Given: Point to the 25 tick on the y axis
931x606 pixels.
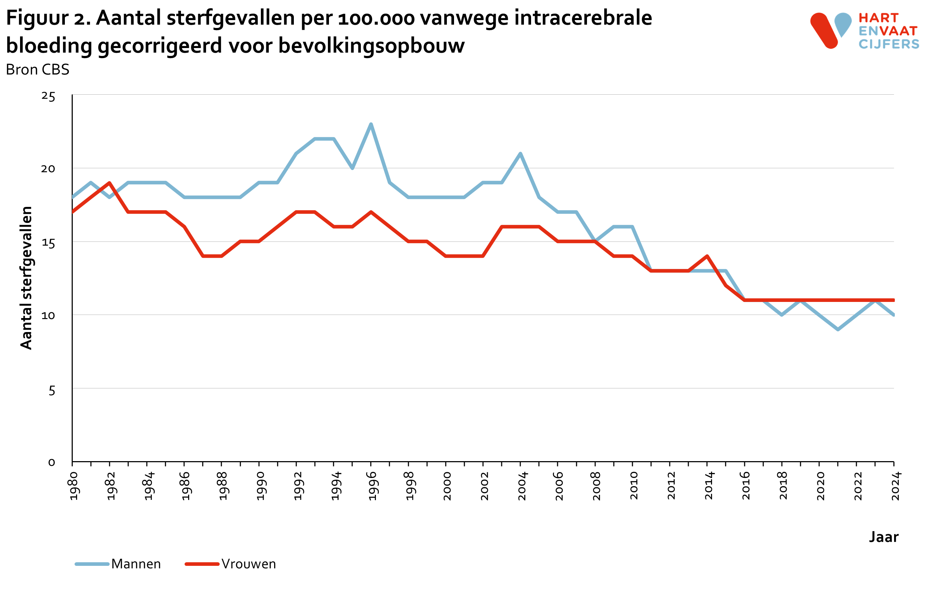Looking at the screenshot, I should click(48, 96).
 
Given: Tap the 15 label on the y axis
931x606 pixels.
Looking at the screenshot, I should click(48, 243).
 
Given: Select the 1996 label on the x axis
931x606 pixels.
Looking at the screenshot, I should click(372, 486).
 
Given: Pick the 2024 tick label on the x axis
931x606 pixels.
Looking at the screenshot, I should click(895, 486).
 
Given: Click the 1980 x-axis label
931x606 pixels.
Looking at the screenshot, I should click(73, 486).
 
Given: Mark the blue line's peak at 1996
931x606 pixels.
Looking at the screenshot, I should click(371, 124).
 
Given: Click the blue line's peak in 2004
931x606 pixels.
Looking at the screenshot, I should click(520, 154).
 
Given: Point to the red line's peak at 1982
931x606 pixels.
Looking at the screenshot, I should click(110, 183).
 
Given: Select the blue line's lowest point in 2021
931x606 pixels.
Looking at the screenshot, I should click(838, 329).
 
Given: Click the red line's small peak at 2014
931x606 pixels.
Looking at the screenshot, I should click(707, 256).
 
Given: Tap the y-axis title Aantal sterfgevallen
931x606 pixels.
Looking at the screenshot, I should click(26, 278).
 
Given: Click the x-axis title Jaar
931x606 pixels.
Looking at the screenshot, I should click(884, 537).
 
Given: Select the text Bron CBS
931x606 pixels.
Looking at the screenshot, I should click(38, 70).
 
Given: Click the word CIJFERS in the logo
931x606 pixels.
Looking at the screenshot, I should click(889, 44).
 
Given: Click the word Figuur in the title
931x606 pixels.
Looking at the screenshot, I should click(38, 18).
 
